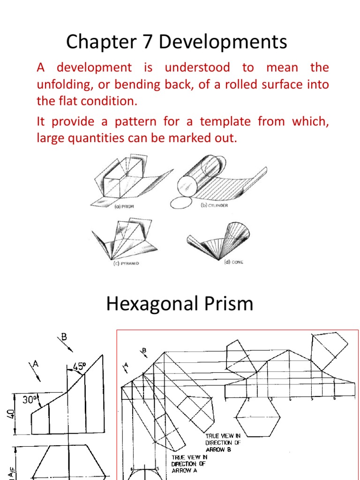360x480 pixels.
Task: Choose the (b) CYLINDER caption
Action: (214, 205)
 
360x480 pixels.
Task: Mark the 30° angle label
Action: (30, 399)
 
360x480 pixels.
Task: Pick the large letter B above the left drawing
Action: (65, 337)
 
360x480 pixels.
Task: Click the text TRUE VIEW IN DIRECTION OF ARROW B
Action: (224, 442)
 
